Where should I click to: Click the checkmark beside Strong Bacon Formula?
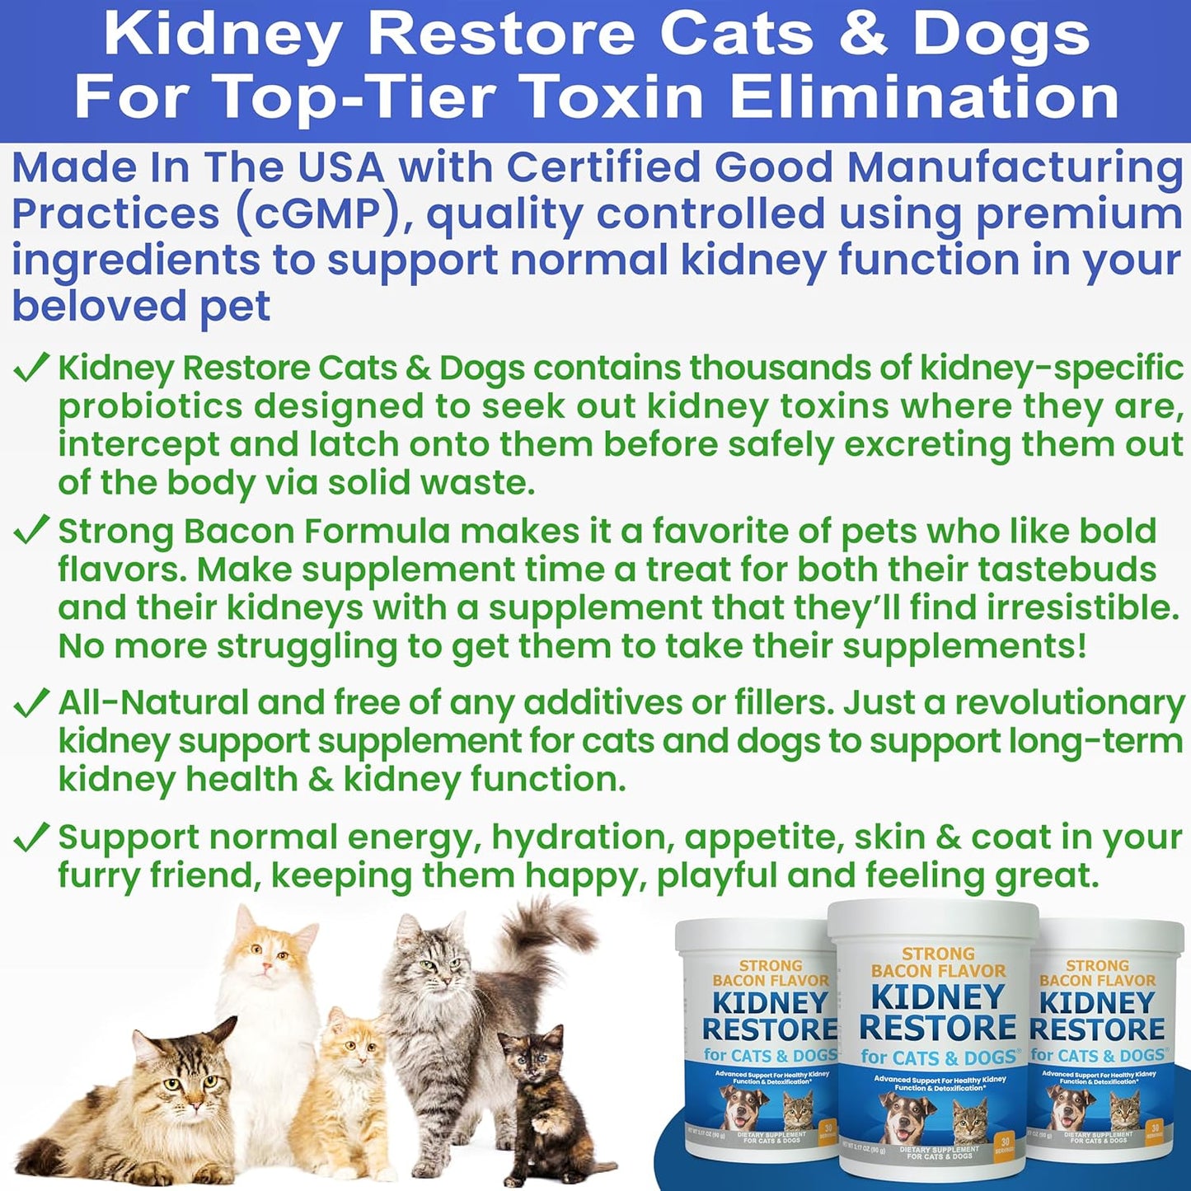31,532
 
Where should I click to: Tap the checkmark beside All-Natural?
31,703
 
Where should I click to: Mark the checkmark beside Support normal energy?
31,838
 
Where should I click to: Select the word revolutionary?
1069,703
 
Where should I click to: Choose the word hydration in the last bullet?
579,838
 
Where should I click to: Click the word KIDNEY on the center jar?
938,997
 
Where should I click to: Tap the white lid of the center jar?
933,919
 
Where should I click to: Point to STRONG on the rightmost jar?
1098,965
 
